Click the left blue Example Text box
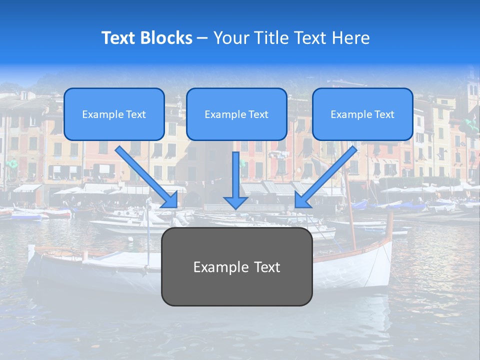click(114, 114)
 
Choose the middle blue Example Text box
click(236, 114)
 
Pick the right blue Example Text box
click(362, 114)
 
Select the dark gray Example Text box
click(236, 267)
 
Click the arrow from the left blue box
click(145, 175)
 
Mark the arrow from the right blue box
click(327, 175)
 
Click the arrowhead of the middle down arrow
click(235, 202)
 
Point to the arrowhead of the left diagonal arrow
click(170, 200)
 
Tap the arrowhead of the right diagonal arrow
click(302, 200)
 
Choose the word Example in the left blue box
click(100, 114)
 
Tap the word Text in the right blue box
click(384, 114)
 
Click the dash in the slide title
click(202, 38)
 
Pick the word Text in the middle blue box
click(258, 114)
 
